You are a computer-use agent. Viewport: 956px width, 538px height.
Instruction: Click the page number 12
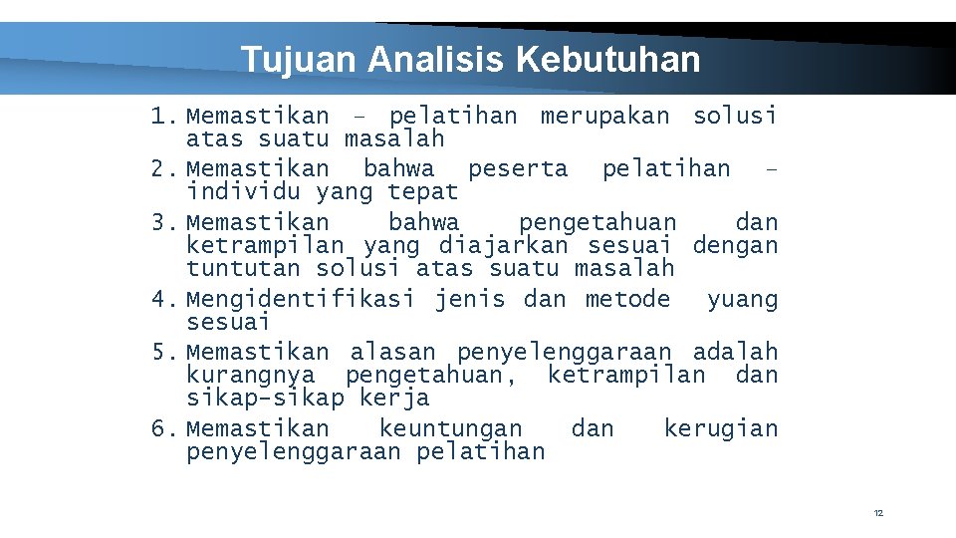click(878, 513)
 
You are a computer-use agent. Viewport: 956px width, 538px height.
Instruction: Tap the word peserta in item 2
click(518, 169)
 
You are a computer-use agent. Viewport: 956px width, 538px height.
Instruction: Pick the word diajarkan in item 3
click(503, 245)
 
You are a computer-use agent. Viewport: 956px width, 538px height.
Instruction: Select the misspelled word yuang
click(742, 300)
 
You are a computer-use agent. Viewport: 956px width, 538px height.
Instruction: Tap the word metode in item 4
click(627, 300)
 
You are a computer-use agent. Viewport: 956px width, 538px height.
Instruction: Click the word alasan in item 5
click(392, 353)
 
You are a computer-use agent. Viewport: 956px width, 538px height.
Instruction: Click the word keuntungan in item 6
click(450, 429)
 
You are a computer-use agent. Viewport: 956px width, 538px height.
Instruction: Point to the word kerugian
click(721, 429)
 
